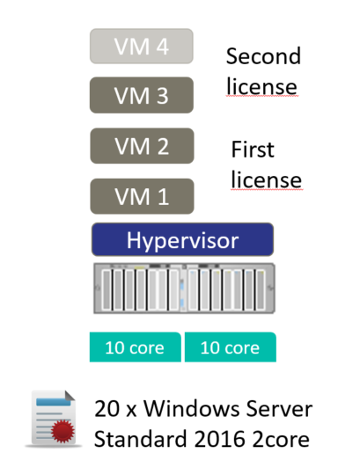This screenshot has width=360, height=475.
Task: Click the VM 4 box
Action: (x=142, y=46)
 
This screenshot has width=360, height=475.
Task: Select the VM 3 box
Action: (x=142, y=95)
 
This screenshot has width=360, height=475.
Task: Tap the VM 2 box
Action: (x=142, y=146)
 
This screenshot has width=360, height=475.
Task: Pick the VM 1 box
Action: (x=142, y=196)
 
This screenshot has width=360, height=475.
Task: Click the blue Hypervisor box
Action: (x=183, y=239)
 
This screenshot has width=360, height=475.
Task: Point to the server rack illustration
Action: (x=184, y=289)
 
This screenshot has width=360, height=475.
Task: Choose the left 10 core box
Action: (x=136, y=347)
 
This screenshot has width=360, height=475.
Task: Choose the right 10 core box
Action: (x=231, y=347)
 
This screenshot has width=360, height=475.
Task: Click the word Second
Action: (x=263, y=56)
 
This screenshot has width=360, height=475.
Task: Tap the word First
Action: (x=253, y=150)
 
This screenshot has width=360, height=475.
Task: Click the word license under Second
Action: (x=261, y=86)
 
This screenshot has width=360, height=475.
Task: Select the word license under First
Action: (x=267, y=179)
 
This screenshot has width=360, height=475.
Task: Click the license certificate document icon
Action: (x=54, y=419)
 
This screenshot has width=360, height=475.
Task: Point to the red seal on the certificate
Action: (x=62, y=431)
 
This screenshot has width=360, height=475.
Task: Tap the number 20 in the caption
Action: (x=107, y=409)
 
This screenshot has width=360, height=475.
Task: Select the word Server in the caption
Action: (x=279, y=409)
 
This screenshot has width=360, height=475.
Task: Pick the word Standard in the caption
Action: (x=140, y=439)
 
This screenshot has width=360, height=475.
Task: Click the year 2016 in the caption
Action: (x=220, y=439)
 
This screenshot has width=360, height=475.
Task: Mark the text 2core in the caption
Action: (x=281, y=439)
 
